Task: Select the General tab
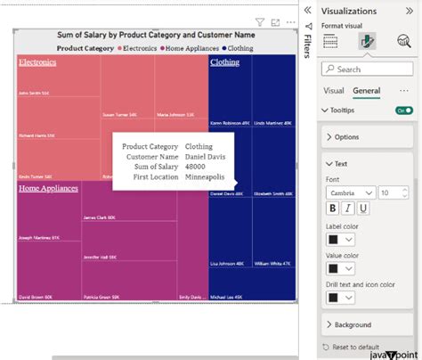coord(366,91)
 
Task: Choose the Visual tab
coord(333,91)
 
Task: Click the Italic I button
coord(348,208)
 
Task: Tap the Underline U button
coord(363,208)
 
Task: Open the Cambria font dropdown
coord(351,192)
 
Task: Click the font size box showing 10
coord(390,192)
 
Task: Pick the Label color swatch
coord(338,240)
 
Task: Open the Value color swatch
coord(338,268)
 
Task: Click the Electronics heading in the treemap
coord(37,62)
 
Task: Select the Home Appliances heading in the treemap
coord(48,188)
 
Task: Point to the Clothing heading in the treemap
coord(224,62)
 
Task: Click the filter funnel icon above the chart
coord(259,21)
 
